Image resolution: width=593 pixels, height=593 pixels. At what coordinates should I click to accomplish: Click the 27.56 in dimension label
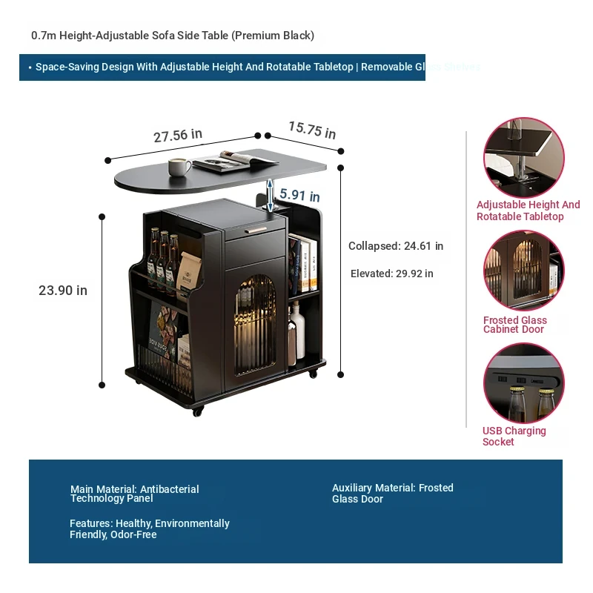[178, 136]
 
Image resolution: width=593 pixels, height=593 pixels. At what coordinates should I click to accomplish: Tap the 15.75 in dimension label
[311, 130]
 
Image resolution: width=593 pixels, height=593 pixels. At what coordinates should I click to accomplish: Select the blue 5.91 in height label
[299, 196]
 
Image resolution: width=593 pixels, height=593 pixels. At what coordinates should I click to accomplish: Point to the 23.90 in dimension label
[63, 291]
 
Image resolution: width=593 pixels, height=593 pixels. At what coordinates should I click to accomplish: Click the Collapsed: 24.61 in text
[396, 246]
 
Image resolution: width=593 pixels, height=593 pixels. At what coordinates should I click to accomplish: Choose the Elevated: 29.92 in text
[391, 274]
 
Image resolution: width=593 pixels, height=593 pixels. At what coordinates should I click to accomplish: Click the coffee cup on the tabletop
[179, 166]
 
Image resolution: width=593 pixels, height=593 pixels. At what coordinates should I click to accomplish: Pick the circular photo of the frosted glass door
[523, 271]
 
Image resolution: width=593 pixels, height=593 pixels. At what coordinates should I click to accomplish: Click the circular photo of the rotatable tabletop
[523, 157]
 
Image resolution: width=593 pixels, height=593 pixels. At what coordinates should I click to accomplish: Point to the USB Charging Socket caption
[514, 436]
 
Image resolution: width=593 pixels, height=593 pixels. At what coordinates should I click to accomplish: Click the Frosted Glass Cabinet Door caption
[514, 325]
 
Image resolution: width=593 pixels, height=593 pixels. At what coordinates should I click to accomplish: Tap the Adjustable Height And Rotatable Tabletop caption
[528, 211]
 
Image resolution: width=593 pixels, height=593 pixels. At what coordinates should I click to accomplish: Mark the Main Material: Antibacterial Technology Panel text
[134, 494]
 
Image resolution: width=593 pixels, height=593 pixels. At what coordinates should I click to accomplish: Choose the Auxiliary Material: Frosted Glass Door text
[392, 493]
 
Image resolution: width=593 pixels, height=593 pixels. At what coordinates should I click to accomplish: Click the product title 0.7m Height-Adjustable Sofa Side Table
[173, 36]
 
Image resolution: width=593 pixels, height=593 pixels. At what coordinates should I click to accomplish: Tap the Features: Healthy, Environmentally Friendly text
[149, 529]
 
